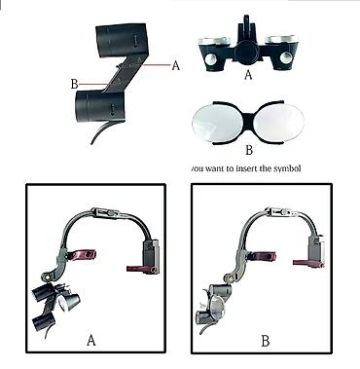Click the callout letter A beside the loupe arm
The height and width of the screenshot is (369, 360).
pyautogui.click(x=175, y=65)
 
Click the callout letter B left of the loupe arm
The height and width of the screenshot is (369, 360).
pyautogui.click(x=74, y=84)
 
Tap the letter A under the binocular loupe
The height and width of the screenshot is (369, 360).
pyautogui.click(x=248, y=75)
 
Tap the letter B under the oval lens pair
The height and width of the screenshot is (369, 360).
pyautogui.click(x=249, y=150)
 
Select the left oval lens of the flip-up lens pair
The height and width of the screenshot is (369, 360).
pyautogui.click(x=216, y=124)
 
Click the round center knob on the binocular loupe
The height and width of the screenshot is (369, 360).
pyautogui.click(x=247, y=52)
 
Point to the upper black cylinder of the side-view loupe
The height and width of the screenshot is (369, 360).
pyautogui.click(x=121, y=41)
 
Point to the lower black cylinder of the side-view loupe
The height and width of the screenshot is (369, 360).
pyautogui.click(x=99, y=106)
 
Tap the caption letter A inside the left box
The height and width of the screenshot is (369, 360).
pyautogui.click(x=91, y=341)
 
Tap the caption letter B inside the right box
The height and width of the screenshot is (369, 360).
pyautogui.click(x=266, y=342)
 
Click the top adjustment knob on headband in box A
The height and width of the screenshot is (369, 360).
pyautogui.click(x=110, y=213)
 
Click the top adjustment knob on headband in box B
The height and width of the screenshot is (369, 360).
pyautogui.click(x=285, y=212)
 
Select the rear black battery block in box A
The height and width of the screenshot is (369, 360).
pyautogui.click(x=151, y=257)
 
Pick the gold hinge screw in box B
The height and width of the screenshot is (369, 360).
pyautogui.click(x=230, y=277)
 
